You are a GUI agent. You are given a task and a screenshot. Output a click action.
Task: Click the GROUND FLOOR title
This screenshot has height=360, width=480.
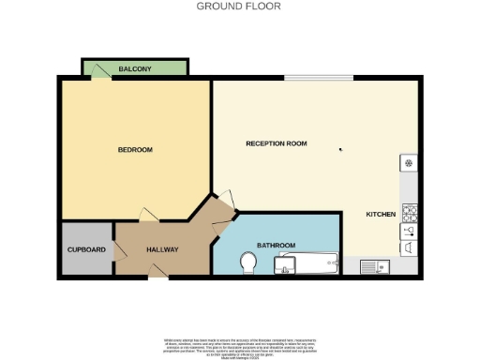[238, 6]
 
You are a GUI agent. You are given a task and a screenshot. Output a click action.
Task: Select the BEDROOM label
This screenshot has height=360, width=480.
[135, 150]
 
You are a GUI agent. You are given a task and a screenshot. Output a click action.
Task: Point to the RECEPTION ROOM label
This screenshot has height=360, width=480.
[277, 143]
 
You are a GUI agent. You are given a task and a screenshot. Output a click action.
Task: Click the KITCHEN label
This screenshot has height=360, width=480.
[381, 215]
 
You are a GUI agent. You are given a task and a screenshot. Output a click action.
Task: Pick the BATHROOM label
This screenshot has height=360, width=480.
[277, 246]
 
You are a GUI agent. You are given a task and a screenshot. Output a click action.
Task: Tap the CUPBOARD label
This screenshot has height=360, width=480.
[86, 250]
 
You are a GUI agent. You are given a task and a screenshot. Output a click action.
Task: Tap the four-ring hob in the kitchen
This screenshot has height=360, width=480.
[410, 212]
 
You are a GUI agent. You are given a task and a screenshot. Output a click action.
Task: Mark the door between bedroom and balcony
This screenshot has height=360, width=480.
[97, 81]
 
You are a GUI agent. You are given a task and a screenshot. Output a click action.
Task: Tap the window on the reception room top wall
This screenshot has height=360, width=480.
[319, 78]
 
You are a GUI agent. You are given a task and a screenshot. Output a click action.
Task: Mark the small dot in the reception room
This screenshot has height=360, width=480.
[340, 148]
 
